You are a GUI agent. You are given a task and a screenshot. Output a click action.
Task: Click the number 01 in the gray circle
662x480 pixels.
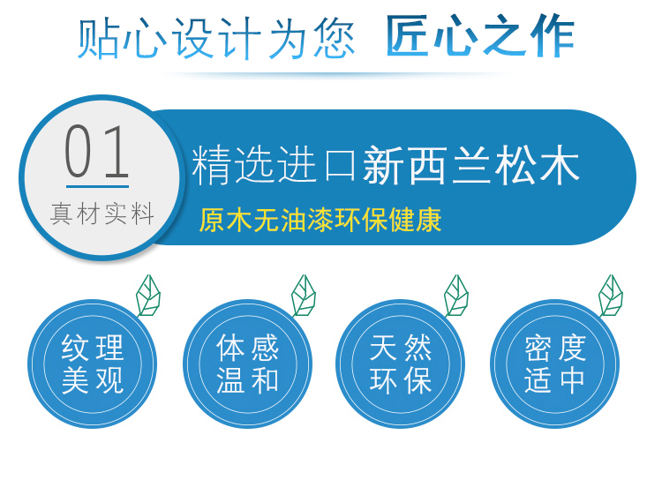(97, 151)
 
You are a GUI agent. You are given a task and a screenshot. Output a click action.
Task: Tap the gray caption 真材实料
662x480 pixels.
(102, 214)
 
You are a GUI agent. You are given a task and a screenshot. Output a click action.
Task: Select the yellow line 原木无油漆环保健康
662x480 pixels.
(320, 220)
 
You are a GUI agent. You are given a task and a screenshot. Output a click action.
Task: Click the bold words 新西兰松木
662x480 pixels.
(471, 165)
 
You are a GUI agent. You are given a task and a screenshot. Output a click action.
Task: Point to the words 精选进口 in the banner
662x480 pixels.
(275, 165)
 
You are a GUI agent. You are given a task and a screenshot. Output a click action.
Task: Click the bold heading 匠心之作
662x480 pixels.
(480, 36)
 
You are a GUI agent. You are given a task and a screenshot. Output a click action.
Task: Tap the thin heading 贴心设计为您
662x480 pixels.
(215, 38)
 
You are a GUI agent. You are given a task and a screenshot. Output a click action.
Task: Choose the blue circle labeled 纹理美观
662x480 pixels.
(92, 364)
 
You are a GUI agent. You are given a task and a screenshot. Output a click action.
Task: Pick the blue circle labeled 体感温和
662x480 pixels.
(247, 364)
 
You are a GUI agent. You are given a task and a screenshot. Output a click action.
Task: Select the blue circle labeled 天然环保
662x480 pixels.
(400, 364)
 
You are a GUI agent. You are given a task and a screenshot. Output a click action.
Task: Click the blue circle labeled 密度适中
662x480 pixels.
(555, 364)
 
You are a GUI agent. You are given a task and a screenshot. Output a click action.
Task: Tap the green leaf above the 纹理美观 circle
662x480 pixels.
(148, 296)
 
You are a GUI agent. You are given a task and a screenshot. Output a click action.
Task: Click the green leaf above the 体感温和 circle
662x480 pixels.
(304, 296)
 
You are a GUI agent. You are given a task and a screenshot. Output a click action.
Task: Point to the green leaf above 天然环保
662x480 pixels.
(456, 296)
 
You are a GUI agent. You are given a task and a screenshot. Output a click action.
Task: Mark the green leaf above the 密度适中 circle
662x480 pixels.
(611, 296)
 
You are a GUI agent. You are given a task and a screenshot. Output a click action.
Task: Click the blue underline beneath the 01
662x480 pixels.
(97, 186)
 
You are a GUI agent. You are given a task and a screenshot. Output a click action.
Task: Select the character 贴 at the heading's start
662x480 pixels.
(98, 38)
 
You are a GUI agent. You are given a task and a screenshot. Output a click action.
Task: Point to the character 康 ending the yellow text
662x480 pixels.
(428, 220)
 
